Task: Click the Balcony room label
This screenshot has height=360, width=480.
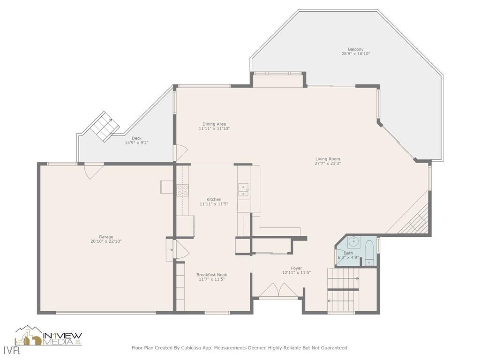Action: pyautogui.click(x=355, y=49)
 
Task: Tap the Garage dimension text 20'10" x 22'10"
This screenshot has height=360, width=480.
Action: pyautogui.click(x=106, y=241)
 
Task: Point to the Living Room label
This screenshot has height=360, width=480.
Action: pyautogui.click(x=328, y=159)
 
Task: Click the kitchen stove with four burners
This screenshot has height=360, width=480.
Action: pyautogui.click(x=182, y=190)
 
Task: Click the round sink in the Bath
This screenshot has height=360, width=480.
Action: pyautogui.click(x=353, y=242)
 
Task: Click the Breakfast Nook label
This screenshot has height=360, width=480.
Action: pyautogui.click(x=211, y=275)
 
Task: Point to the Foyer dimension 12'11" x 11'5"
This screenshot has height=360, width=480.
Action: pyautogui.click(x=296, y=273)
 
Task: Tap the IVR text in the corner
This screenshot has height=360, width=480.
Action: pyautogui.click(x=8, y=351)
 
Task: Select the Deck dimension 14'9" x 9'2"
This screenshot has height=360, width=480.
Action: pyautogui.click(x=136, y=143)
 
